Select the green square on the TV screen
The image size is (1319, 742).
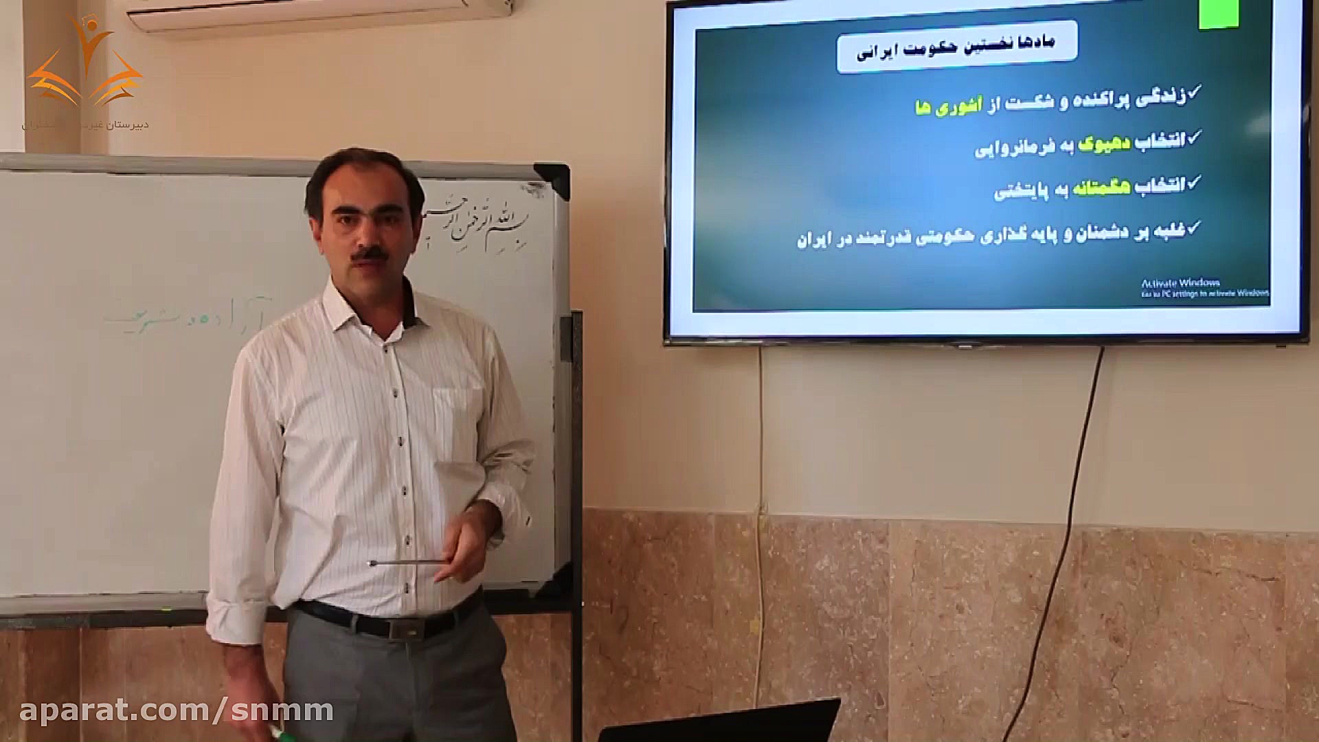pos(1219,14)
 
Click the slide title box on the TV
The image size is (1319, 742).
pos(956,47)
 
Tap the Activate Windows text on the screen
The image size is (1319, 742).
pos(1180,283)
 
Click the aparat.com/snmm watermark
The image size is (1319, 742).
pos(177,710)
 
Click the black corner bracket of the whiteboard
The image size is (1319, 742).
pos(554,181)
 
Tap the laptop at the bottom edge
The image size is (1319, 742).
pos(721,723)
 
